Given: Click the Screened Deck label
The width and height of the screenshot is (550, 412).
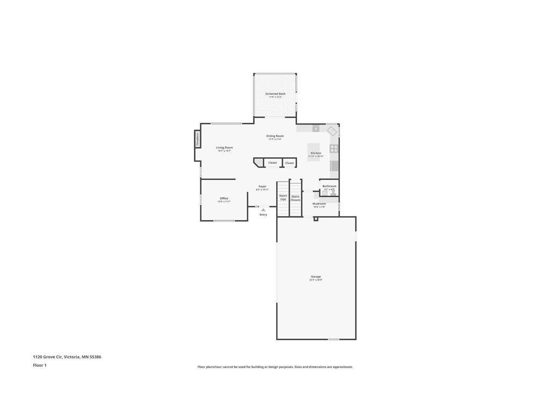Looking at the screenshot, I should coord(275,94).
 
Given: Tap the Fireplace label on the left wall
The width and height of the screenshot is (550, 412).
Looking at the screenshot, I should coord(198,139).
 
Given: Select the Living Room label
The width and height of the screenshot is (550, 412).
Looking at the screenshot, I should coord(225,148).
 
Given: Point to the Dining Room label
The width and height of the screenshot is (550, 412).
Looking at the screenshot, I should coord(275,136).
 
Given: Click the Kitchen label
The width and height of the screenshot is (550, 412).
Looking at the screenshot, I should coord(316,153).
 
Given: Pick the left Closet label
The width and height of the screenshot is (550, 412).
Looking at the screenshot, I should coord(272,163).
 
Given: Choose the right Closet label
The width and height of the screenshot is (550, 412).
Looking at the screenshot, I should coord(290,163).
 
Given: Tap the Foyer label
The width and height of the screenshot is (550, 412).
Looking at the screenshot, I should coord(262,187).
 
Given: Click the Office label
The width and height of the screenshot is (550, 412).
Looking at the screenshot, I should coord(224,198).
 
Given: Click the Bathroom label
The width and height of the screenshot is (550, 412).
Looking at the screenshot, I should coord(329,186).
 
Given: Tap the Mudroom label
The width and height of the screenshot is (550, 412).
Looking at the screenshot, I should coord(320,204).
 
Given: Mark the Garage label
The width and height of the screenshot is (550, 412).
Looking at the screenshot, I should coord(316,277).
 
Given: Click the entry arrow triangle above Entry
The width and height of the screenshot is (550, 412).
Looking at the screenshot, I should coord(263,210).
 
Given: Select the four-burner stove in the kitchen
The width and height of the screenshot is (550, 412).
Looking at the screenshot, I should coord(334,149).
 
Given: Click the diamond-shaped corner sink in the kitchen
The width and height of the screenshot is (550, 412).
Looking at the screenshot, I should coord(332,131).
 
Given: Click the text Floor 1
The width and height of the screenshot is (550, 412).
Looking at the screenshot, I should coord(40,365).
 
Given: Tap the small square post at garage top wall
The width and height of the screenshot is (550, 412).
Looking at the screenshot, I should coord(316,219).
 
